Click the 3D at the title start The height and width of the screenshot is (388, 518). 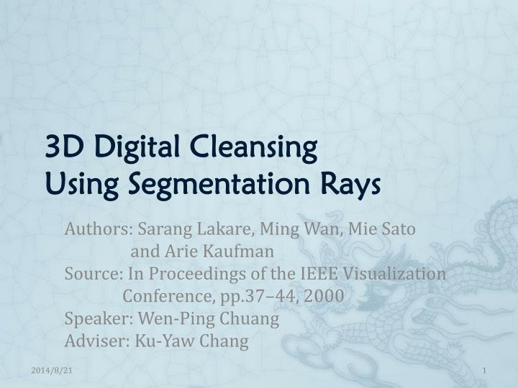[61, 149]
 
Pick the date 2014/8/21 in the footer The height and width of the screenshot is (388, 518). [51, 369]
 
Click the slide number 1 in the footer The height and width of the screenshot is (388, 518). [486, 369]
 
